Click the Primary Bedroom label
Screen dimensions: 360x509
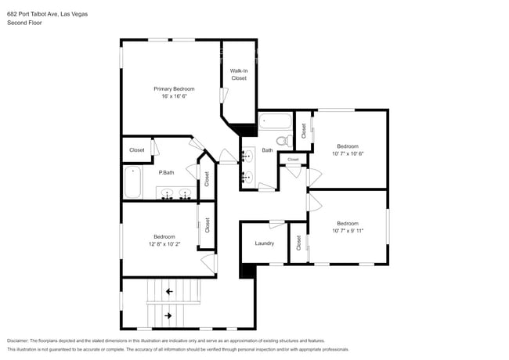point(174,89)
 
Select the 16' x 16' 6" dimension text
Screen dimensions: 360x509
point(174,96)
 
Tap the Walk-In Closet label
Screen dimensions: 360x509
point(238,74)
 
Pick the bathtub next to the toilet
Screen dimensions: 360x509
point(274,121)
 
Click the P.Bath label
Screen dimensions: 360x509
point(166,172)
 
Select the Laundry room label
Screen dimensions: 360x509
point(264,243)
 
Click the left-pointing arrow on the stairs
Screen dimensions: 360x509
point(169,291)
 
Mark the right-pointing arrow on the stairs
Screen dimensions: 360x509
point(169,316)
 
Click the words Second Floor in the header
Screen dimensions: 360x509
point(24,23)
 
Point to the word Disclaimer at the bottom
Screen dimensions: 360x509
point(21,340)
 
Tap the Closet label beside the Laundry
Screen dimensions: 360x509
point(298,243)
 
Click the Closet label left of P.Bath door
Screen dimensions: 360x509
point(136,149)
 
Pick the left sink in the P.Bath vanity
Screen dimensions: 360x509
point(166,194)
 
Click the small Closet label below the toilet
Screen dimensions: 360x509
point(292,160)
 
